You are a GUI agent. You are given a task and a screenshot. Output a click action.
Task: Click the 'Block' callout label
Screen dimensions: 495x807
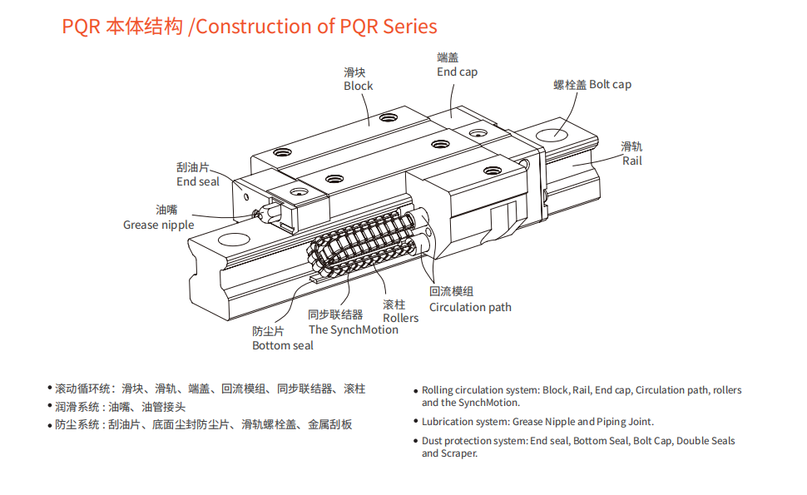coord(359,86)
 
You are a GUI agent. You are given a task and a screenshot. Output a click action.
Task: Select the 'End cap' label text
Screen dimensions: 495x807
coord(457,72)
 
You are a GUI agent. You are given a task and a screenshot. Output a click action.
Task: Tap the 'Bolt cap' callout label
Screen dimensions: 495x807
coord(611,84)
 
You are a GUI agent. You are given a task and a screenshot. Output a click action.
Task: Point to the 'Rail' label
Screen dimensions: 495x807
coord(632,161)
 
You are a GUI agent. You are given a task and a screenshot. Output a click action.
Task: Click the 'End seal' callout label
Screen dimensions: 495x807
coord(197,181)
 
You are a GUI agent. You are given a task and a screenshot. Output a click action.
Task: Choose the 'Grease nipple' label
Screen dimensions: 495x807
coord(158,225)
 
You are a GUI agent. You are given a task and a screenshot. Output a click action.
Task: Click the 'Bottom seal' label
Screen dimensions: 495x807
coord(283,345)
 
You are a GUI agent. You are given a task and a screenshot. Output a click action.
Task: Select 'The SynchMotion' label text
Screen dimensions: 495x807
coord(353,329)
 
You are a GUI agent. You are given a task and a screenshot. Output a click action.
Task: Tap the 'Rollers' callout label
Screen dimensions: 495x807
coord(400,318)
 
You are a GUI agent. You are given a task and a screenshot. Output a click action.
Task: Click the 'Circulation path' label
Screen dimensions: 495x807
coord(470,307)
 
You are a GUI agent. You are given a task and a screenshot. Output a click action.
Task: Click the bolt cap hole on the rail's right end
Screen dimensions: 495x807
coord(552,133)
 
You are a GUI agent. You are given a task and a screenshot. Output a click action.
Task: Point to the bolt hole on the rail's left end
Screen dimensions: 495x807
coord(234,241)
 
